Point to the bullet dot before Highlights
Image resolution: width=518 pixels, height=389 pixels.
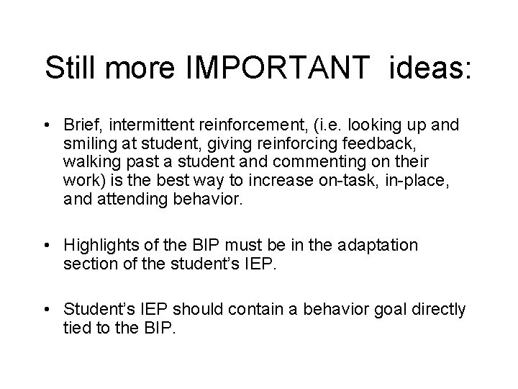click(46, 246)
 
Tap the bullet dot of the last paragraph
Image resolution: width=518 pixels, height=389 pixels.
click(46, 309)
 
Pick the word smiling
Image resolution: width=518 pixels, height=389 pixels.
click(87, 143)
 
